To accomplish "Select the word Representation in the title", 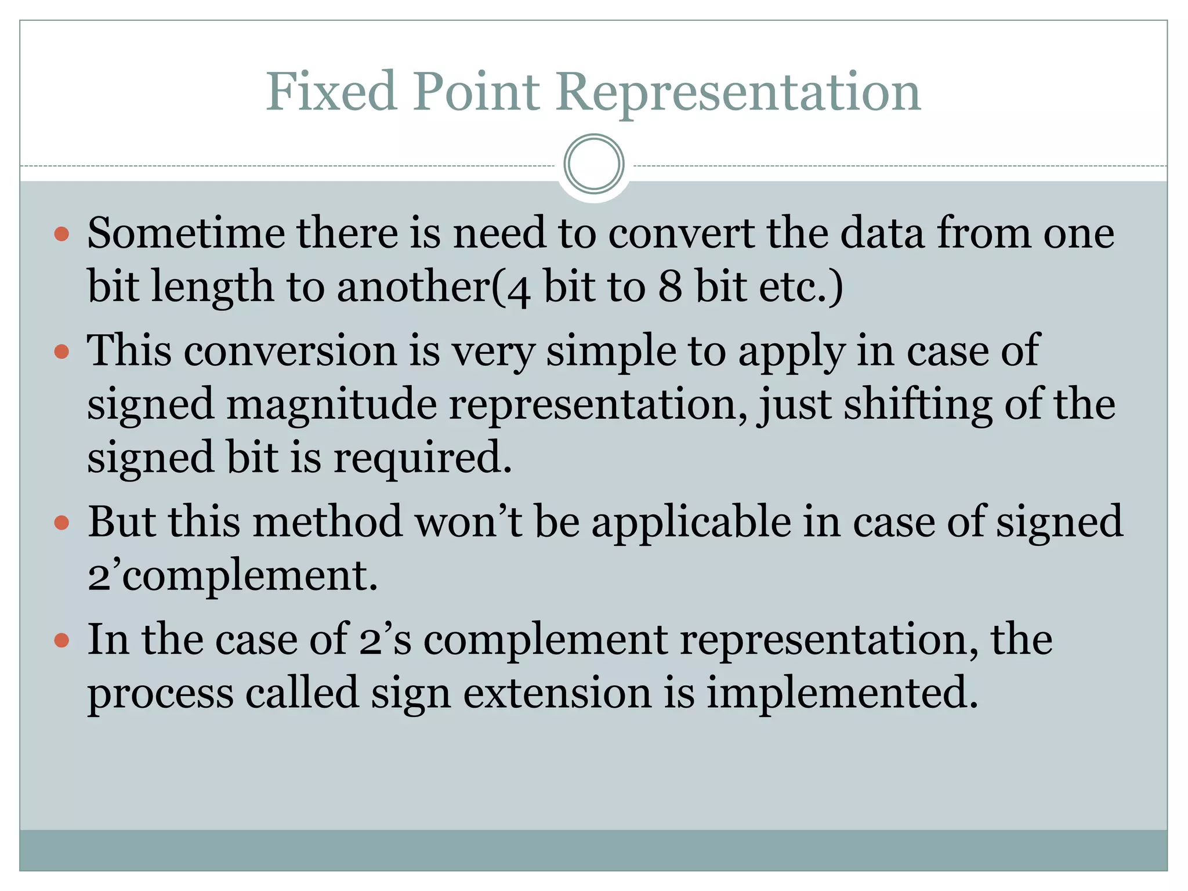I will (738, 93).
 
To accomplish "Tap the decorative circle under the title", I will (593, 164).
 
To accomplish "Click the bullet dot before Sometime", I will (61, 234).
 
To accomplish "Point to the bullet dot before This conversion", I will (61, 352).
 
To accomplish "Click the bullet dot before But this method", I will (61, 523).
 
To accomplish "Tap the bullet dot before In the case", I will (61, 641).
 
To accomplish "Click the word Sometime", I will (186, 233).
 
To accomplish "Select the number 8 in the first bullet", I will (670, 287).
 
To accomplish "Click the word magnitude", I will (331, 405).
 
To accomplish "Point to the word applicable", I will (691, 522).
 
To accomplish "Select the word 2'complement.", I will (232, 575).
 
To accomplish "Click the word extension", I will (557, 693).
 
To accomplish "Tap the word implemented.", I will (841, 693).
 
